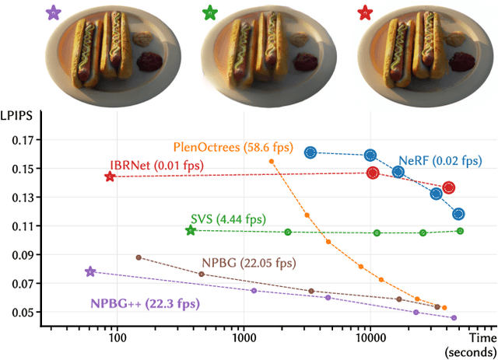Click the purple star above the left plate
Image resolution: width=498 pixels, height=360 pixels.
52,12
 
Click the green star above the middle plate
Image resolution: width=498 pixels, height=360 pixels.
209,12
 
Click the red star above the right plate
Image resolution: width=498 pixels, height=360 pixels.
363,12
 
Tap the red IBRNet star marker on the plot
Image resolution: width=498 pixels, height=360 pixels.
110,177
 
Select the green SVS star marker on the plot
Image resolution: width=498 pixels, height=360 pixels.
191,230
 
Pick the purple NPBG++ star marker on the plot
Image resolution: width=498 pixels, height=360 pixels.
90,272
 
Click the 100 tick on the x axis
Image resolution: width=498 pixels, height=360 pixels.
117,340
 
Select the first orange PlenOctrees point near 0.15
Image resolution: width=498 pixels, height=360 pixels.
272,161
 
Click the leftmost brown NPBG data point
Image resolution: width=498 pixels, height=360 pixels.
139,257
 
